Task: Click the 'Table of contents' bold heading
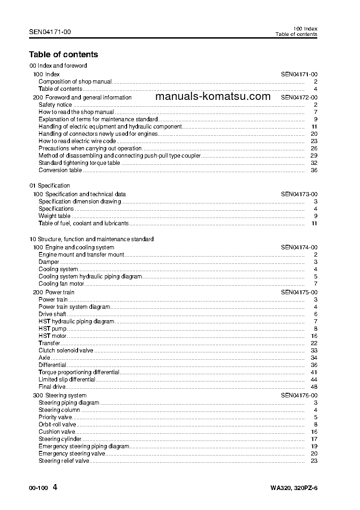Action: [x=64, y=54]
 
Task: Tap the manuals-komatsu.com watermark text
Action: [x=212, y=96]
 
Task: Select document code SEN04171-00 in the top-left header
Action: [x=49, y=32]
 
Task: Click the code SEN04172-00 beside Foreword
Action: [x=299, y=97]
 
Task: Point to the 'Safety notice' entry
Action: [x=55, y=105]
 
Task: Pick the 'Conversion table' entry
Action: [x=60, y=170]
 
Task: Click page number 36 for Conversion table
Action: [x=313, y=170]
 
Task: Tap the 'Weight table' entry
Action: [x=54, y=216]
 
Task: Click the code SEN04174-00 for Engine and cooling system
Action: [x=299, y=248]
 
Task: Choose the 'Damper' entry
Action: [x=49, y=262]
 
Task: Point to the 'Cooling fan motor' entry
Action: [x=61, y=284]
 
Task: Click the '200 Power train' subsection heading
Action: [x=54, y=292]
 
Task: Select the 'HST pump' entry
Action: [x=52, y=328]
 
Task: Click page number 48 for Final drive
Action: [x=313, y=386]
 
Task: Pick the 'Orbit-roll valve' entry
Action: [x=57, y=424]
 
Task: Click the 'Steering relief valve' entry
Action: [x=64, y=460]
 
